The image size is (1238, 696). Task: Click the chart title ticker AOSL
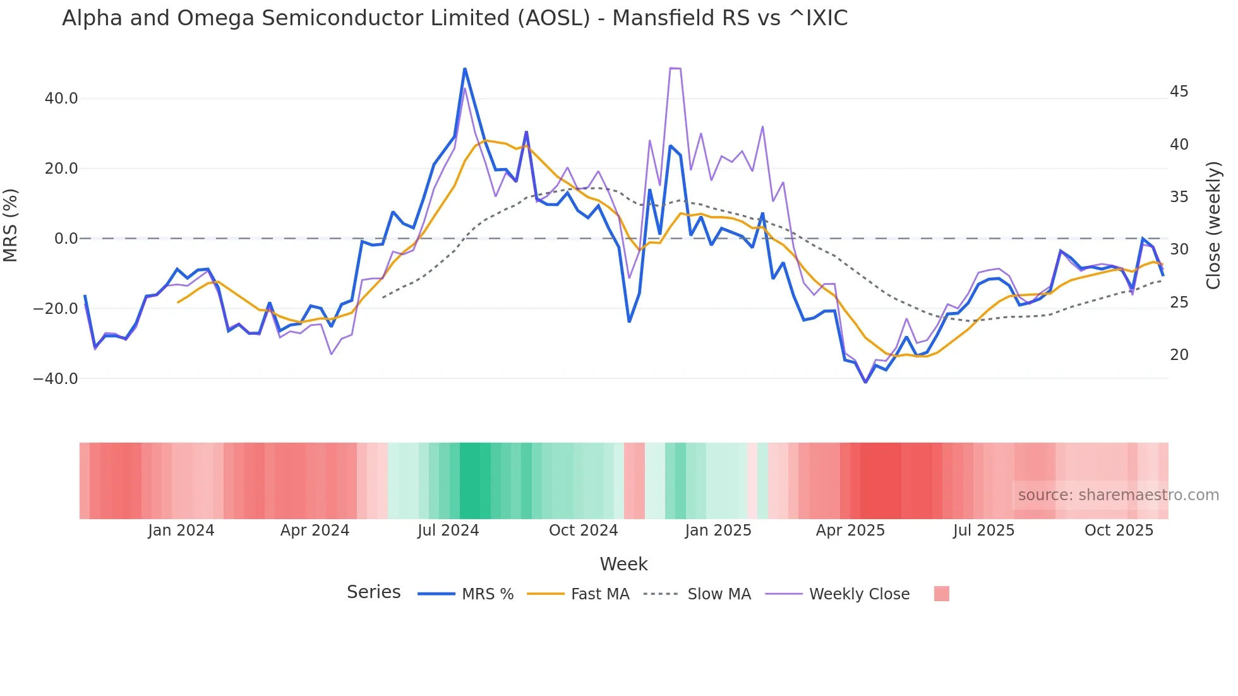click(x=553, y=18)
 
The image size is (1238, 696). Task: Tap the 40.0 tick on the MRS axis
click(x=61, y=99)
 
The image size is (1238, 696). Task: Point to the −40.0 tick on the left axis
click(x=56, y=379)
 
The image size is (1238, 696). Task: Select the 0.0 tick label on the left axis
click(x=66, y=239)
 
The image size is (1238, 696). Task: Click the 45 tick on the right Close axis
click(x=1179, y=92)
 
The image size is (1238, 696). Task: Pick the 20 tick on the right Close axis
click(x=1179, y=355)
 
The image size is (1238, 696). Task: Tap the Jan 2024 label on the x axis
click(x=181, y=531)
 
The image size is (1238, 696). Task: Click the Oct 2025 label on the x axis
click(x=1119, y=531)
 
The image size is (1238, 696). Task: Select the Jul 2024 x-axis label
click(x=448, y=531)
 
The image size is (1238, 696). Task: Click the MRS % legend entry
click(x=487, y=594)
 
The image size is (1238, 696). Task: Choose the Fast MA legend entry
click(x=599, y=594)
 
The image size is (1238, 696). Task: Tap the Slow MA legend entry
click(x=719, y=594)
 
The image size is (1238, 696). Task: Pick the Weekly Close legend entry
click(x=859, y=594)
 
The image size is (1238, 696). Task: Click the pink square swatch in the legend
click(x=941, y=594)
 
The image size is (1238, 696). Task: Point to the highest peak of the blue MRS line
click(x=465, y=69)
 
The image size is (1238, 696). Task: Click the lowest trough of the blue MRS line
click(x=865, y=382)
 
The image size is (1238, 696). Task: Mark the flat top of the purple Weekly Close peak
click(x=675, y=68)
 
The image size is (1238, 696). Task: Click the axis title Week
click(x=623, y=564)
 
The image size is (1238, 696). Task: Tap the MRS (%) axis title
click(x=11, y=225)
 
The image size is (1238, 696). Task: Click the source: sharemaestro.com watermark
click(x=1118, y=495)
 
